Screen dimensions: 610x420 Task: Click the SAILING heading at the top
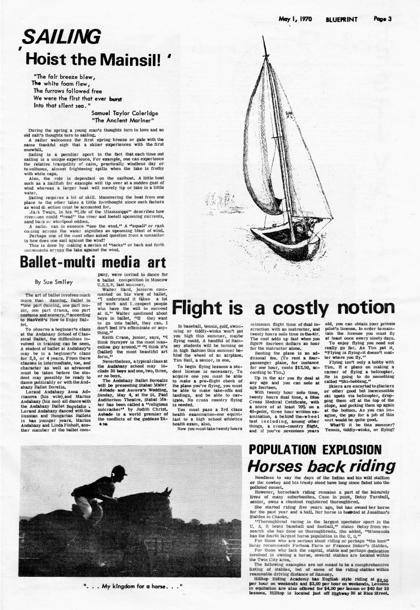point(60,38)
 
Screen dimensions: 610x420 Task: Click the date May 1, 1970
point(295,19)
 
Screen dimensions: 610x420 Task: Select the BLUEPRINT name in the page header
point(342,19)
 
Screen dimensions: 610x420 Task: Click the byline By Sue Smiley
point(54,282)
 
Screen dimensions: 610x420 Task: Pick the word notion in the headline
point(371,308)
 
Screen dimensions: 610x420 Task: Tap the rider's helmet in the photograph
point(118,471)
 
